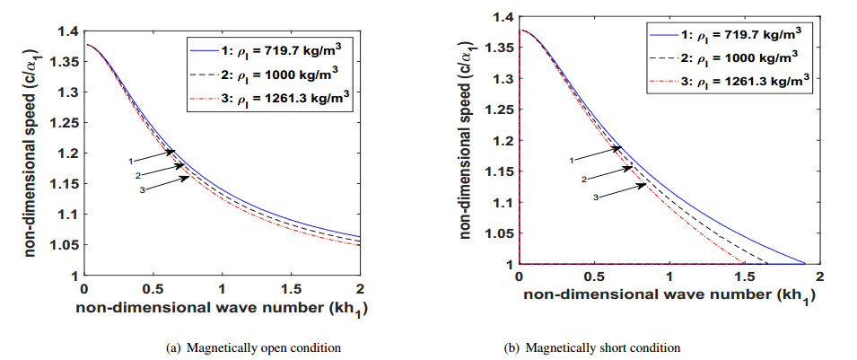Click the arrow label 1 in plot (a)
131,161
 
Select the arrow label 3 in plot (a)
142,189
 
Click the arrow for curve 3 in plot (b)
622,190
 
